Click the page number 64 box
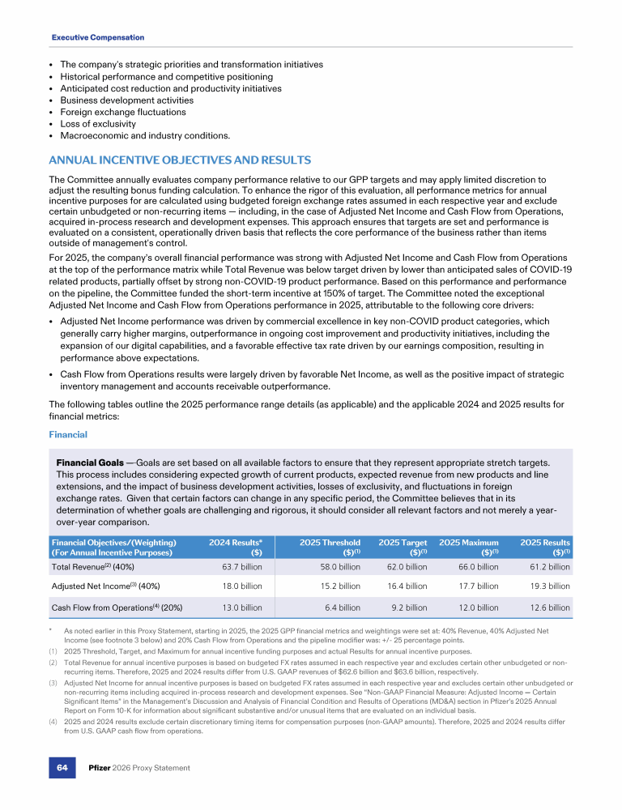62,767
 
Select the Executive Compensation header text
98,37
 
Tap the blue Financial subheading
68,434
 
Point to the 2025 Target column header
403,547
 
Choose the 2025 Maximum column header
469,547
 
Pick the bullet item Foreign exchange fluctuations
124,112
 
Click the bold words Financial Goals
89,461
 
